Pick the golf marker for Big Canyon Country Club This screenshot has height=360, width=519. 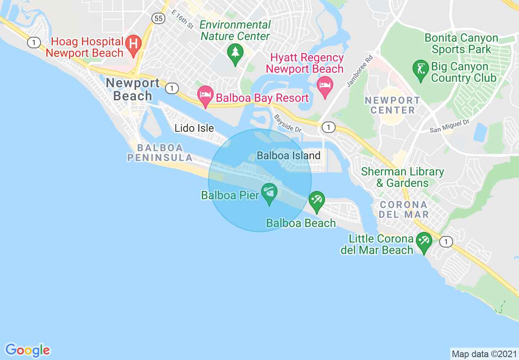click(x=420, y=69)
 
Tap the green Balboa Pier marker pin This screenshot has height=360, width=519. click(x=269, y=193)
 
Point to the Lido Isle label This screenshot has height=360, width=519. click(x=194, y=128)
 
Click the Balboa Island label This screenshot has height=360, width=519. click(x=288, y=155)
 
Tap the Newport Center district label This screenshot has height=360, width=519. click(x=392, y=105)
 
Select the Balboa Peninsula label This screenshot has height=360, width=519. click(x=160, y=153)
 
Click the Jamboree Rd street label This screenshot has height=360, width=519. click(x=355, y=71)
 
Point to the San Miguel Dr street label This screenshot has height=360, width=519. click(x=449, y=126)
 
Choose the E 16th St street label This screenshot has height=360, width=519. click(x=182, y=20)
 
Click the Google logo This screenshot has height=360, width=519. click(x=27, y=350)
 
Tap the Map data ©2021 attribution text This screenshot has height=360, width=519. click(x=483, y=353)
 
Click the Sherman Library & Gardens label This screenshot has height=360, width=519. click(x=402, y=177)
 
